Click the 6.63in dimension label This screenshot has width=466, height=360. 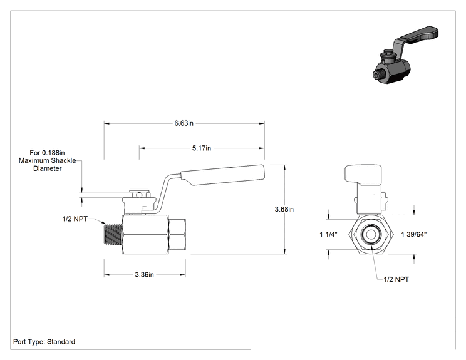(x=184, y=123)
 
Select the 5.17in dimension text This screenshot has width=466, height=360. (x=202, y=148)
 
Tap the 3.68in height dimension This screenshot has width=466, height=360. (x=284, y=209)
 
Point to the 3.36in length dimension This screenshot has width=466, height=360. (x=145, y=275)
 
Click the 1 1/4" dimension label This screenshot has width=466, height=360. (x=328, y=234)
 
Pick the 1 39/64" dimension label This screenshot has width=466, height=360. (x=413, y=234)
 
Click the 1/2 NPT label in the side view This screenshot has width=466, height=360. (x=75, y=219)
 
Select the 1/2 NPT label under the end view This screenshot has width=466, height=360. (x=396, y=279)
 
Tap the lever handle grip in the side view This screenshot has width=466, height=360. (x=223, y=175)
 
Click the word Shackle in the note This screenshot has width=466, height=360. (x=64, y=161)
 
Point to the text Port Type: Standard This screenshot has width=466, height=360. (x=44, y=342)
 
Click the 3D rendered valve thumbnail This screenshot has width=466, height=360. (x=405, y=55)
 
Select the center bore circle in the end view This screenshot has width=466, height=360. (x=370, y=234)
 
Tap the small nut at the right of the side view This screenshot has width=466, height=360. (x=177, y=234)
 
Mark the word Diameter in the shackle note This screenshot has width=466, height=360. (x=48, y=168)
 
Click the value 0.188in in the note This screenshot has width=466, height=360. (x=53, y=153)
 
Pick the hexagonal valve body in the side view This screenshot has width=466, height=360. (x=145, y=235)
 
